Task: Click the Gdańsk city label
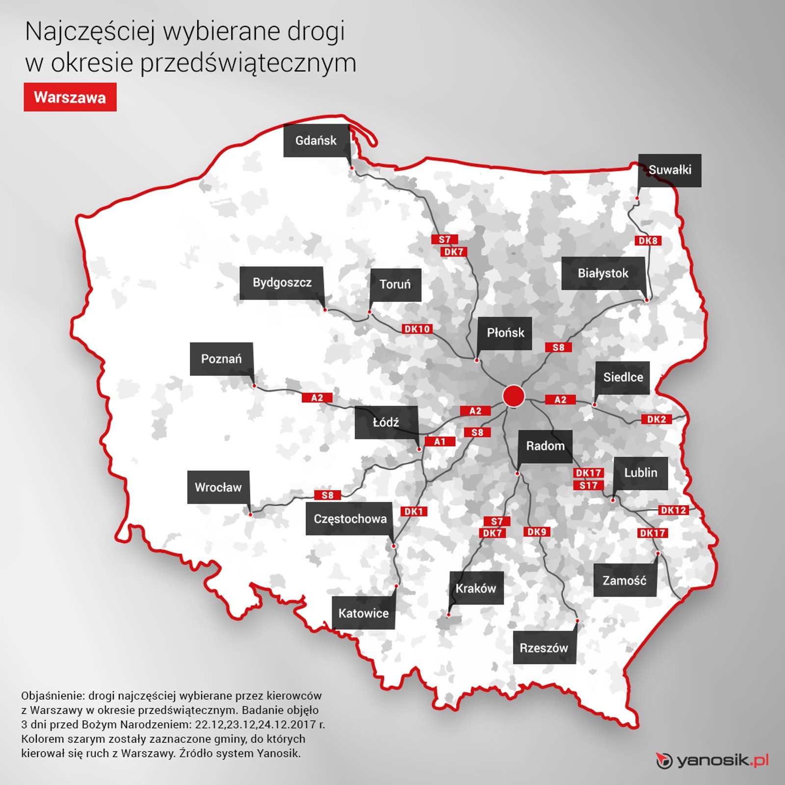[316, 141]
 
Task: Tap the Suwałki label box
[670, 170]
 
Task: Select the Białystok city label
[603, 273]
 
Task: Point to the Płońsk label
[505, 333]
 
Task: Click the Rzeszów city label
[544, 648]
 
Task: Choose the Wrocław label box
[218, 487]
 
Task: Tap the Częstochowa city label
[350, 519]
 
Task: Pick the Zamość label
[625, 580]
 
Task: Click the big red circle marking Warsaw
[514, 396]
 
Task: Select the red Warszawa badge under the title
[70, 97]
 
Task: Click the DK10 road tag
[417, 329]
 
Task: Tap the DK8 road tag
[648, 240]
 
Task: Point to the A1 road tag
[440, 442]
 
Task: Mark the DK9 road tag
[537, 532]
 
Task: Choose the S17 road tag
[589, 485]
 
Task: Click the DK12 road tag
[673, 510]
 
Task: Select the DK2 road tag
[656, 419]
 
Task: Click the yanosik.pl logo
[712, 761]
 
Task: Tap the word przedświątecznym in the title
[248, 64]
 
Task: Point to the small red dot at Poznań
[254, 386]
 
